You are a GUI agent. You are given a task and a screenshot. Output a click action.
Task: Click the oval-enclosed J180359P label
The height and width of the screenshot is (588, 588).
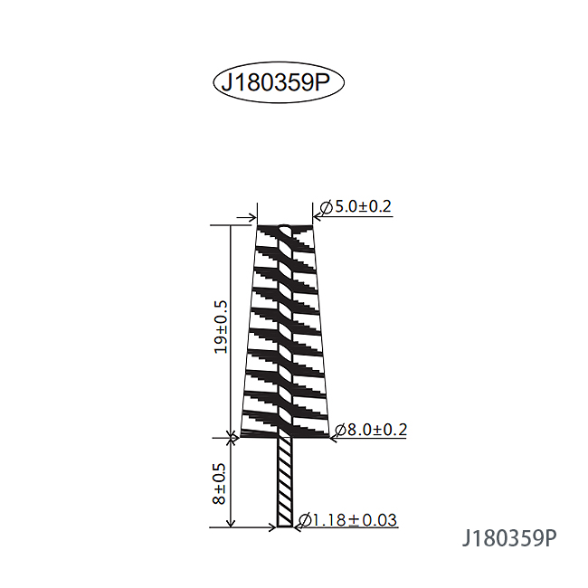pyautogui.click(x=276, y=82)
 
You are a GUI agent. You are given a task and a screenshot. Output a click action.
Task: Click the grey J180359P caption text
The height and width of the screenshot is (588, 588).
pyautogui.click(x=509, y=538)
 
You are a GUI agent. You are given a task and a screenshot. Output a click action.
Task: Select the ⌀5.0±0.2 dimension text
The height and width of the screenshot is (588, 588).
pyautogui.click(x=356, y=206)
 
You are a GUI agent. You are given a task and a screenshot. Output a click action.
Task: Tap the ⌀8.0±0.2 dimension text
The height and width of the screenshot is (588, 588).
pyautogui.click(x=370, y=430)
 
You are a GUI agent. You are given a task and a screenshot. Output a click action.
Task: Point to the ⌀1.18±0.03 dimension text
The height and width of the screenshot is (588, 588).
pyautogui.click(x=347, y=520)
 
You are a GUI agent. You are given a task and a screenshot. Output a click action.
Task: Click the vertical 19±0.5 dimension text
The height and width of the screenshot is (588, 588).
pyautogui.click(x=221, y=327)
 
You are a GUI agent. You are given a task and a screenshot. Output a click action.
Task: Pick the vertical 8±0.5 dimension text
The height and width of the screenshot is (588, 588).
pyautogui.click(x=219, y=484)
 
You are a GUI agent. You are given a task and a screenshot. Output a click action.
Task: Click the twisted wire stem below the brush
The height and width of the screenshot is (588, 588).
pyautogui.click(x=285, y=482)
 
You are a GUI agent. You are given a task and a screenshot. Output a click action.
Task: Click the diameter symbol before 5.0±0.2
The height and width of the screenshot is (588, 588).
pyautogui.click(x=327, y=207)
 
